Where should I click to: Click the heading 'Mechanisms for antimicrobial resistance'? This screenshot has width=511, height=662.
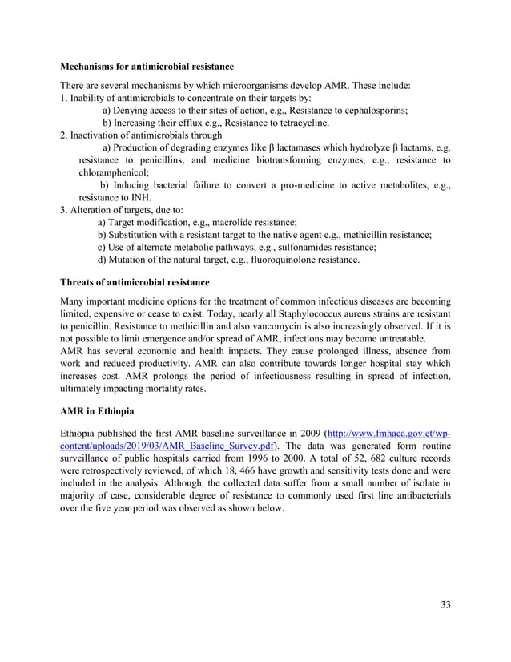coord(147,67)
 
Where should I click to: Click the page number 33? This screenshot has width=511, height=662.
coord(445,603)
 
